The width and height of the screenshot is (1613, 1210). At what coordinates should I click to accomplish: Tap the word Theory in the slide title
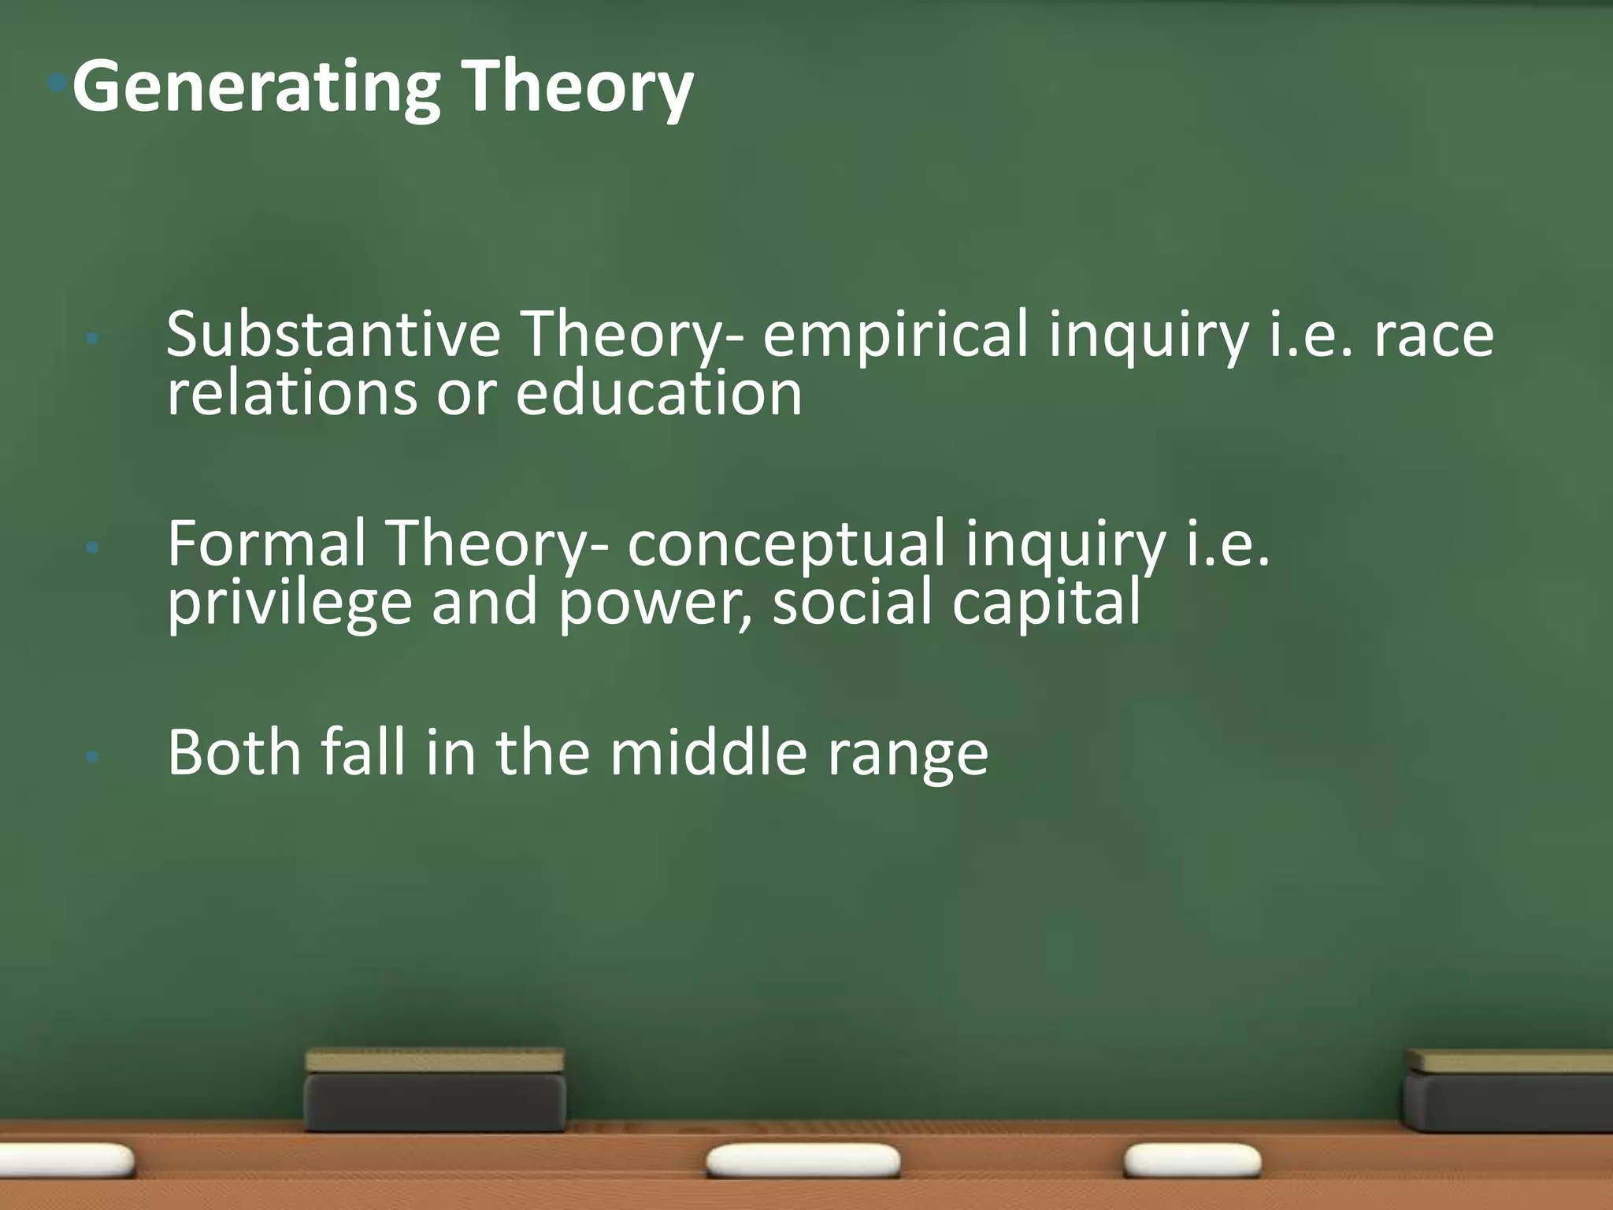click(577, 88)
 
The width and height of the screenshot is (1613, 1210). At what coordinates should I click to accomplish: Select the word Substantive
click(333, 335)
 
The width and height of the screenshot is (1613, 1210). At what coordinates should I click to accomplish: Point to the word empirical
click(895, 335)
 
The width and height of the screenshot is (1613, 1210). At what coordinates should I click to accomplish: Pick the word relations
click(291, 393)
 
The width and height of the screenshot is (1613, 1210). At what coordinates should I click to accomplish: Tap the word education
click(658, 393)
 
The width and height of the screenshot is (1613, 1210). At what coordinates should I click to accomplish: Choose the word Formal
click(267, 543)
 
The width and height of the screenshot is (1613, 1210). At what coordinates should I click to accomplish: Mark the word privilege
click(290, 603)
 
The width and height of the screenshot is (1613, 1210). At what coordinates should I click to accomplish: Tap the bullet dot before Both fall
click(93, 757)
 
